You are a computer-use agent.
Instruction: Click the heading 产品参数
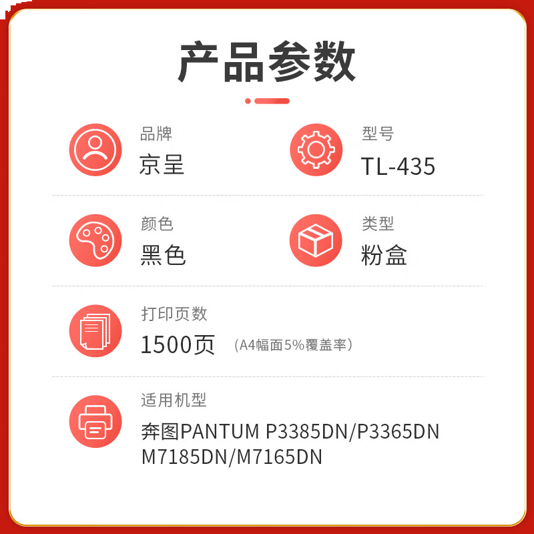267,62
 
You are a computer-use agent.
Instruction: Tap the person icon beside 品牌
95,150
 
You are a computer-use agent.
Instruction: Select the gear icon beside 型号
316,150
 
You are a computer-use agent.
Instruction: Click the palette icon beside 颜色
95,240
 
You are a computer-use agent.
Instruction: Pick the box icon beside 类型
316,240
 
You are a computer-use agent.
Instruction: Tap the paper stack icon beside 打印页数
95,330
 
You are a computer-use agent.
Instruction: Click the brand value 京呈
162,165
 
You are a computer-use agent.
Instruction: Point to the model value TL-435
398,166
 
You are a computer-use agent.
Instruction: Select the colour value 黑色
163,256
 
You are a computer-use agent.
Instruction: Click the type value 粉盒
384,256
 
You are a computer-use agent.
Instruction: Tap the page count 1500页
178,344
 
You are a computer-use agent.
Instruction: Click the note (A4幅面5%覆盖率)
293,345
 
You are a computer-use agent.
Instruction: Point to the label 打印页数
174,313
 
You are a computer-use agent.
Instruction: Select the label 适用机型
174,400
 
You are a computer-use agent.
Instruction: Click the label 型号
378,133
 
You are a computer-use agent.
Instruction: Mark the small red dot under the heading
248,101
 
